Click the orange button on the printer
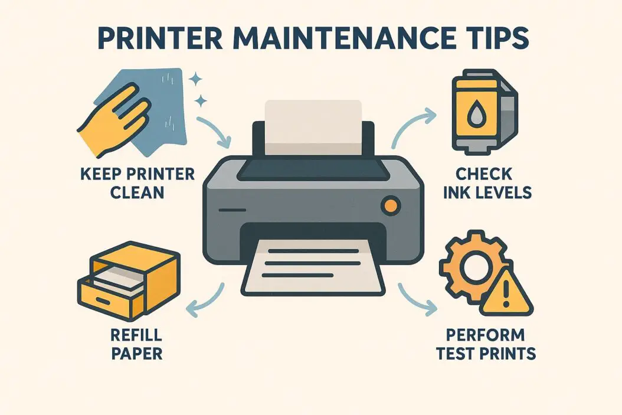coord(390,205)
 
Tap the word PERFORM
coord(485,335)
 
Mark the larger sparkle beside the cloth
coord(194,79)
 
